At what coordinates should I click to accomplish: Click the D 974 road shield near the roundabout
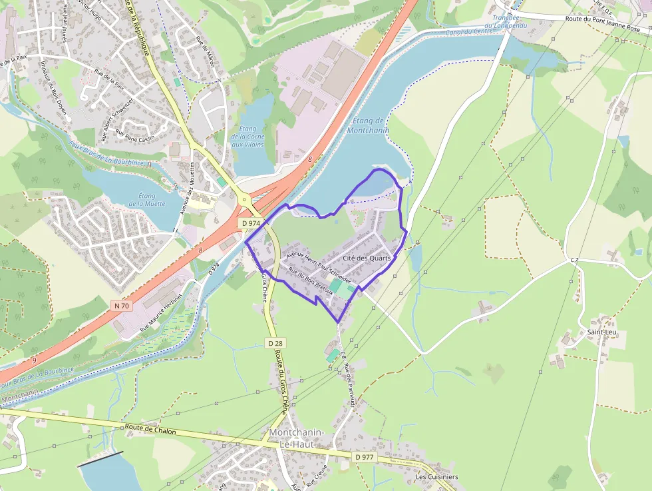point(251,223)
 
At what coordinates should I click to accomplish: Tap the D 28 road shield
point(277,342)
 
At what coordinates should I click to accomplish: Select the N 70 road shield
point(120,305)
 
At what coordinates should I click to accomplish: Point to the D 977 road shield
point(365,456)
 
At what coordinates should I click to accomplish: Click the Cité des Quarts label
point(367,258)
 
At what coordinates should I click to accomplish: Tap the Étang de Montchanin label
point(369,125)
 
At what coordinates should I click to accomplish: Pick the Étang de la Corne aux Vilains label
point(247,137)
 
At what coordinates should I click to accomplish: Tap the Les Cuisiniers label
point(436,477)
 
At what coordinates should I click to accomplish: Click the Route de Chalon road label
point(150,430)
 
